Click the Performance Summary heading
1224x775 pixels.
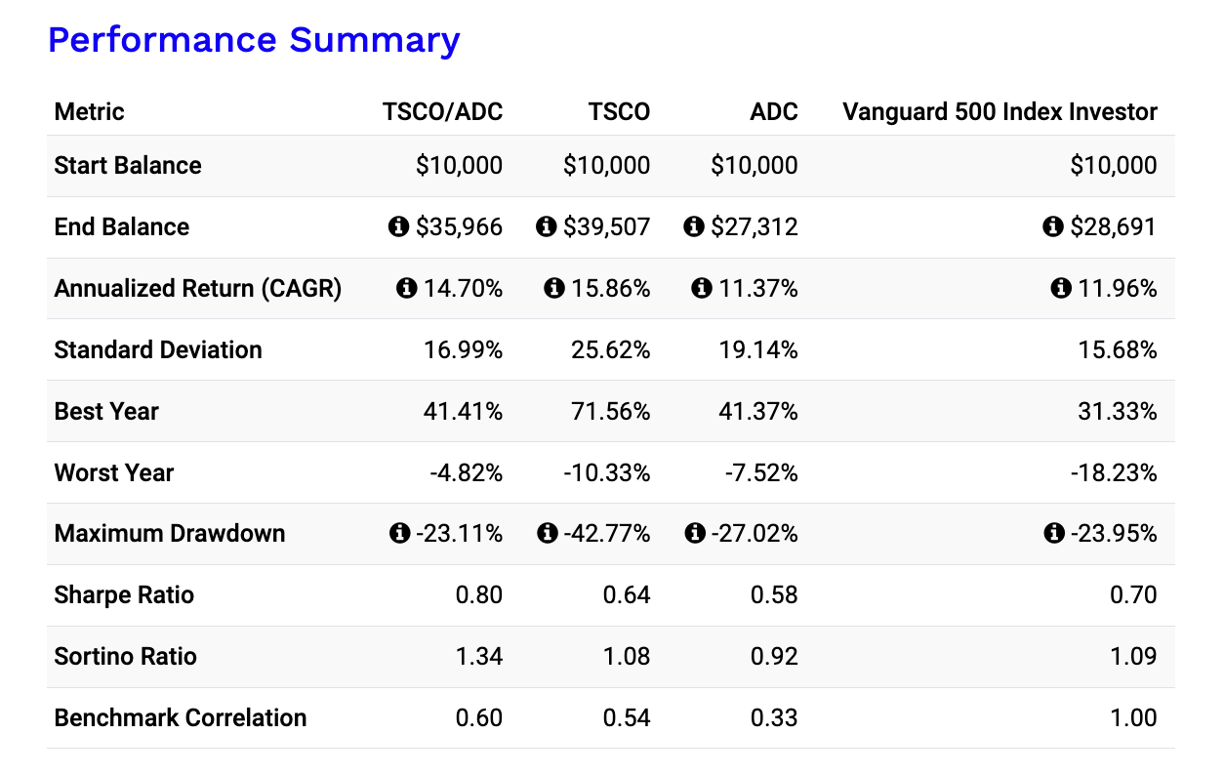254,40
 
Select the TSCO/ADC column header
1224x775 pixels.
442,111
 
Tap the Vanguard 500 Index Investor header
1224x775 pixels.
1000,111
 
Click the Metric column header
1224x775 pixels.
90,111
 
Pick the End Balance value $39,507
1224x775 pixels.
606,227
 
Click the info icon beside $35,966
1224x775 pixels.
398,227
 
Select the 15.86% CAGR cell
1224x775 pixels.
610,289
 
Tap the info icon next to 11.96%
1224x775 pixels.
1061,289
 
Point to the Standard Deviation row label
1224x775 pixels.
158,350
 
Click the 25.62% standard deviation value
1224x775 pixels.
610,350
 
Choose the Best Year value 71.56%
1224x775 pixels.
610,412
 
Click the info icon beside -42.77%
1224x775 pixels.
548,534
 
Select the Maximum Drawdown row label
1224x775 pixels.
170,534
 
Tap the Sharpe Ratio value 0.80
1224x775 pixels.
479,595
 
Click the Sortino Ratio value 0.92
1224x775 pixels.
774,657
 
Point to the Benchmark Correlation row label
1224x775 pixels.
181,718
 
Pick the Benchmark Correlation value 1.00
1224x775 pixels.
1133,718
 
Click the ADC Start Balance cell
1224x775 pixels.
755,166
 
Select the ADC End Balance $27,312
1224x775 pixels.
755,227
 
